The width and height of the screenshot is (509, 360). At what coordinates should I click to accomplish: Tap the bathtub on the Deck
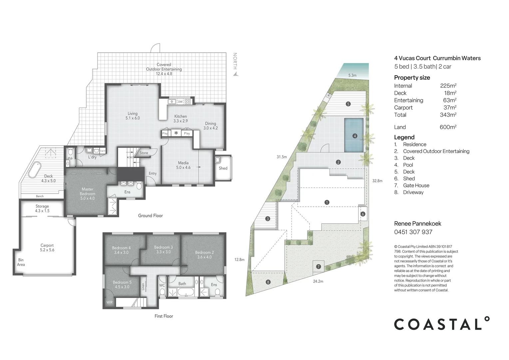(x=34, y=170)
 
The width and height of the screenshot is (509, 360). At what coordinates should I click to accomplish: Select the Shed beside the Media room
(x=223, y=168)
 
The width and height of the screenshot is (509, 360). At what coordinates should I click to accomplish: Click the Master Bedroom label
(x=87, y=194)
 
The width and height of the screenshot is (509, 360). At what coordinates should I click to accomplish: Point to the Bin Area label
(x=21, y=262)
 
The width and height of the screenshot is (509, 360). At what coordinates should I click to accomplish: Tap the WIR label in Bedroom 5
(x=110, y=302)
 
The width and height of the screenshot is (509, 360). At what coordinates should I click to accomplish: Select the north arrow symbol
(x=236, y=74)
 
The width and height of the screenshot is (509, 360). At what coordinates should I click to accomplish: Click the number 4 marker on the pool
(x=355, y=136)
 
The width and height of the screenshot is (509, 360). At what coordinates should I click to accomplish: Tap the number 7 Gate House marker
(x=318, y=266)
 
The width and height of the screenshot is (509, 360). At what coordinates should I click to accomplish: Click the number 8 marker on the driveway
(x=268, y=282)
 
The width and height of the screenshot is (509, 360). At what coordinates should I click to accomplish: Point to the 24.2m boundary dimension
(x=318, y=281)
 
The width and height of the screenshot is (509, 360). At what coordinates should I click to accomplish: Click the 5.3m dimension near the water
(x=352, y=75)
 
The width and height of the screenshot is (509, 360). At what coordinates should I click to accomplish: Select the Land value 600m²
(x=448, y=127)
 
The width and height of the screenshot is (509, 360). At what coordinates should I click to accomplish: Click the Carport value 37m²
(x=450, y=108)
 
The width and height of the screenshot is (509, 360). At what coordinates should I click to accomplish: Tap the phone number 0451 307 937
(x=413, y=232)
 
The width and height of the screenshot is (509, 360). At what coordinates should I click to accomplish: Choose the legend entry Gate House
(x=416, y=185)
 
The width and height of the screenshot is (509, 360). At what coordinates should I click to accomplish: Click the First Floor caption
(x=164, y=316)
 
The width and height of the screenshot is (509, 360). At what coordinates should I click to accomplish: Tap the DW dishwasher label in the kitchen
(x=180, y=102)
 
